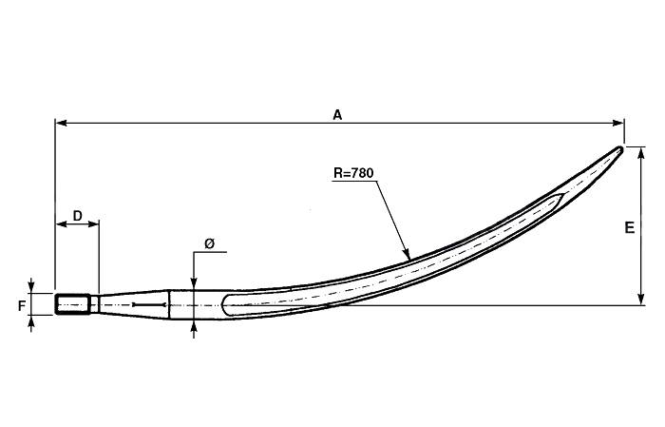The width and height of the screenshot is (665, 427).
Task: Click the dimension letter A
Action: coord(337,115)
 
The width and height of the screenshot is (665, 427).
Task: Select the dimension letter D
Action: coord(77,216)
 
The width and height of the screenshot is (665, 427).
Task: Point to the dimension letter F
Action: coord(22,305)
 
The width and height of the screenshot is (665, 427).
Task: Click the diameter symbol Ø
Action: coord(210,243)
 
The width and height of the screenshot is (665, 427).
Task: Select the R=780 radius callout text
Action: coord(353,173)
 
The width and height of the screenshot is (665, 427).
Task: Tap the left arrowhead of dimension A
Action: coord(61,123)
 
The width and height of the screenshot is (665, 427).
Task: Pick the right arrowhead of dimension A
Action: coord(618,123)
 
